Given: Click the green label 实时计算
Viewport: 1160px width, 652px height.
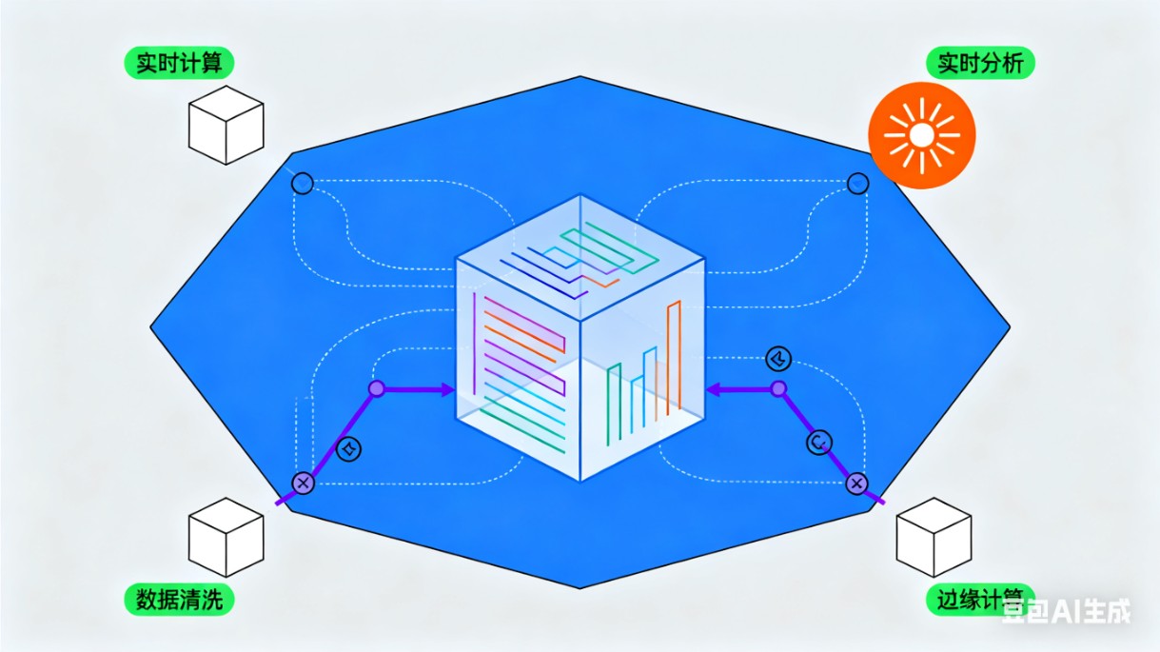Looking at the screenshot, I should (x=179, y=64).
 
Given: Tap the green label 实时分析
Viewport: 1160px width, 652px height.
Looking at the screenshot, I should (x=980, y=64).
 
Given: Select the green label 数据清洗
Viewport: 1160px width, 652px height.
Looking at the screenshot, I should (x=179, y=600).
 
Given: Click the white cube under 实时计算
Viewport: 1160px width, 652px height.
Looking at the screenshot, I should (x=226, y=128).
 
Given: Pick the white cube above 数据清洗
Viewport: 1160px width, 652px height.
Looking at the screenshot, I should (x=226, y=537).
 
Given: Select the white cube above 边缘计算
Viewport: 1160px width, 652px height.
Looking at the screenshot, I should (x=934, y=537).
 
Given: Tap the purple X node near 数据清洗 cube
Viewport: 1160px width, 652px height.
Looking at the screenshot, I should (x=303, y=483).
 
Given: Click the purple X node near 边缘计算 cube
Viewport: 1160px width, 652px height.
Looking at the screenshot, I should (x=856, y=484).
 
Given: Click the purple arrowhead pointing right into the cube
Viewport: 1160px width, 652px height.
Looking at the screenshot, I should (x=448, y=389).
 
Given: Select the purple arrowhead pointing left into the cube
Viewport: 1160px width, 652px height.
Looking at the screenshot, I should (x=713, y=388).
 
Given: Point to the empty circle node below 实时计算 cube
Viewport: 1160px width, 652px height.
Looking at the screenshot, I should (x=302, y=183).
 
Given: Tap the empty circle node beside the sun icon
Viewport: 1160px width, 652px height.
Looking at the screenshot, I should (x=857, y=182).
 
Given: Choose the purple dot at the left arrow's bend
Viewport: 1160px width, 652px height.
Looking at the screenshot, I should (x=377, y=388).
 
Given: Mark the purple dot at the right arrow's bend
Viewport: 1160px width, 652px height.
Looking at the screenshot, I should (x=778, y=388).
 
